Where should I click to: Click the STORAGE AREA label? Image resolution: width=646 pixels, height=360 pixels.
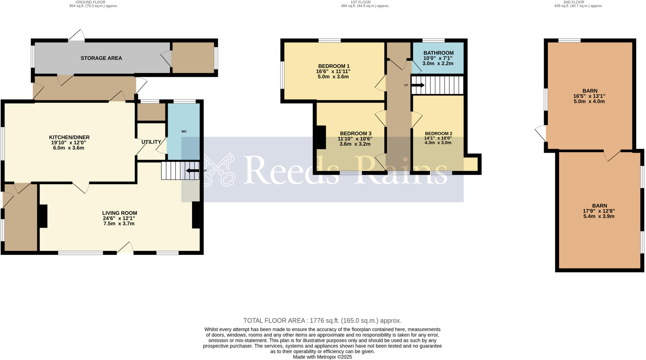coord(101,58)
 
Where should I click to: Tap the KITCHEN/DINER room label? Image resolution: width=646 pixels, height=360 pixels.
coord(69,137)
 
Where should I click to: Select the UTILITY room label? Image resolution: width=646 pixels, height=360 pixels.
coord(151,142)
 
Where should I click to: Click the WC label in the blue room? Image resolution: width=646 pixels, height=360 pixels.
coord(184,131)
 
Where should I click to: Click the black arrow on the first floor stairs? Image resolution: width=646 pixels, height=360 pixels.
coord(418,85)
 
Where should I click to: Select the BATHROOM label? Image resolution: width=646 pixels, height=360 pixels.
coord(438,53)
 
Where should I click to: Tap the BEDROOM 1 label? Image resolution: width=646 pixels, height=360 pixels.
coord(334,66)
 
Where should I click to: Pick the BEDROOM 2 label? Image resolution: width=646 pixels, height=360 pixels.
coord(438,133)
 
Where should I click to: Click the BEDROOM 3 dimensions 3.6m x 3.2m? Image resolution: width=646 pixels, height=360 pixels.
coord(355,144)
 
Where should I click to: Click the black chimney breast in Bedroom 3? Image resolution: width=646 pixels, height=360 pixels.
coord(321,137)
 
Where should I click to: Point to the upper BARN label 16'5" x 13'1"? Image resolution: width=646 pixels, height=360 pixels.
coord(589,96)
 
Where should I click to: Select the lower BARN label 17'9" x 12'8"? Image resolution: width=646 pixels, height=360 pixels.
coord(599,211)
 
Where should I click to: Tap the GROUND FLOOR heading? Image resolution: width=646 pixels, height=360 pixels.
coord(93,2)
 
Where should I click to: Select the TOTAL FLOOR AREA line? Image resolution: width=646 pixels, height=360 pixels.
coord(322,321)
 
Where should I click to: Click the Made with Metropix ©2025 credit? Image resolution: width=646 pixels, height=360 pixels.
coord(322,357)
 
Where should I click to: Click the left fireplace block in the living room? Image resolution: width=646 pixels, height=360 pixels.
coord(43,216)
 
